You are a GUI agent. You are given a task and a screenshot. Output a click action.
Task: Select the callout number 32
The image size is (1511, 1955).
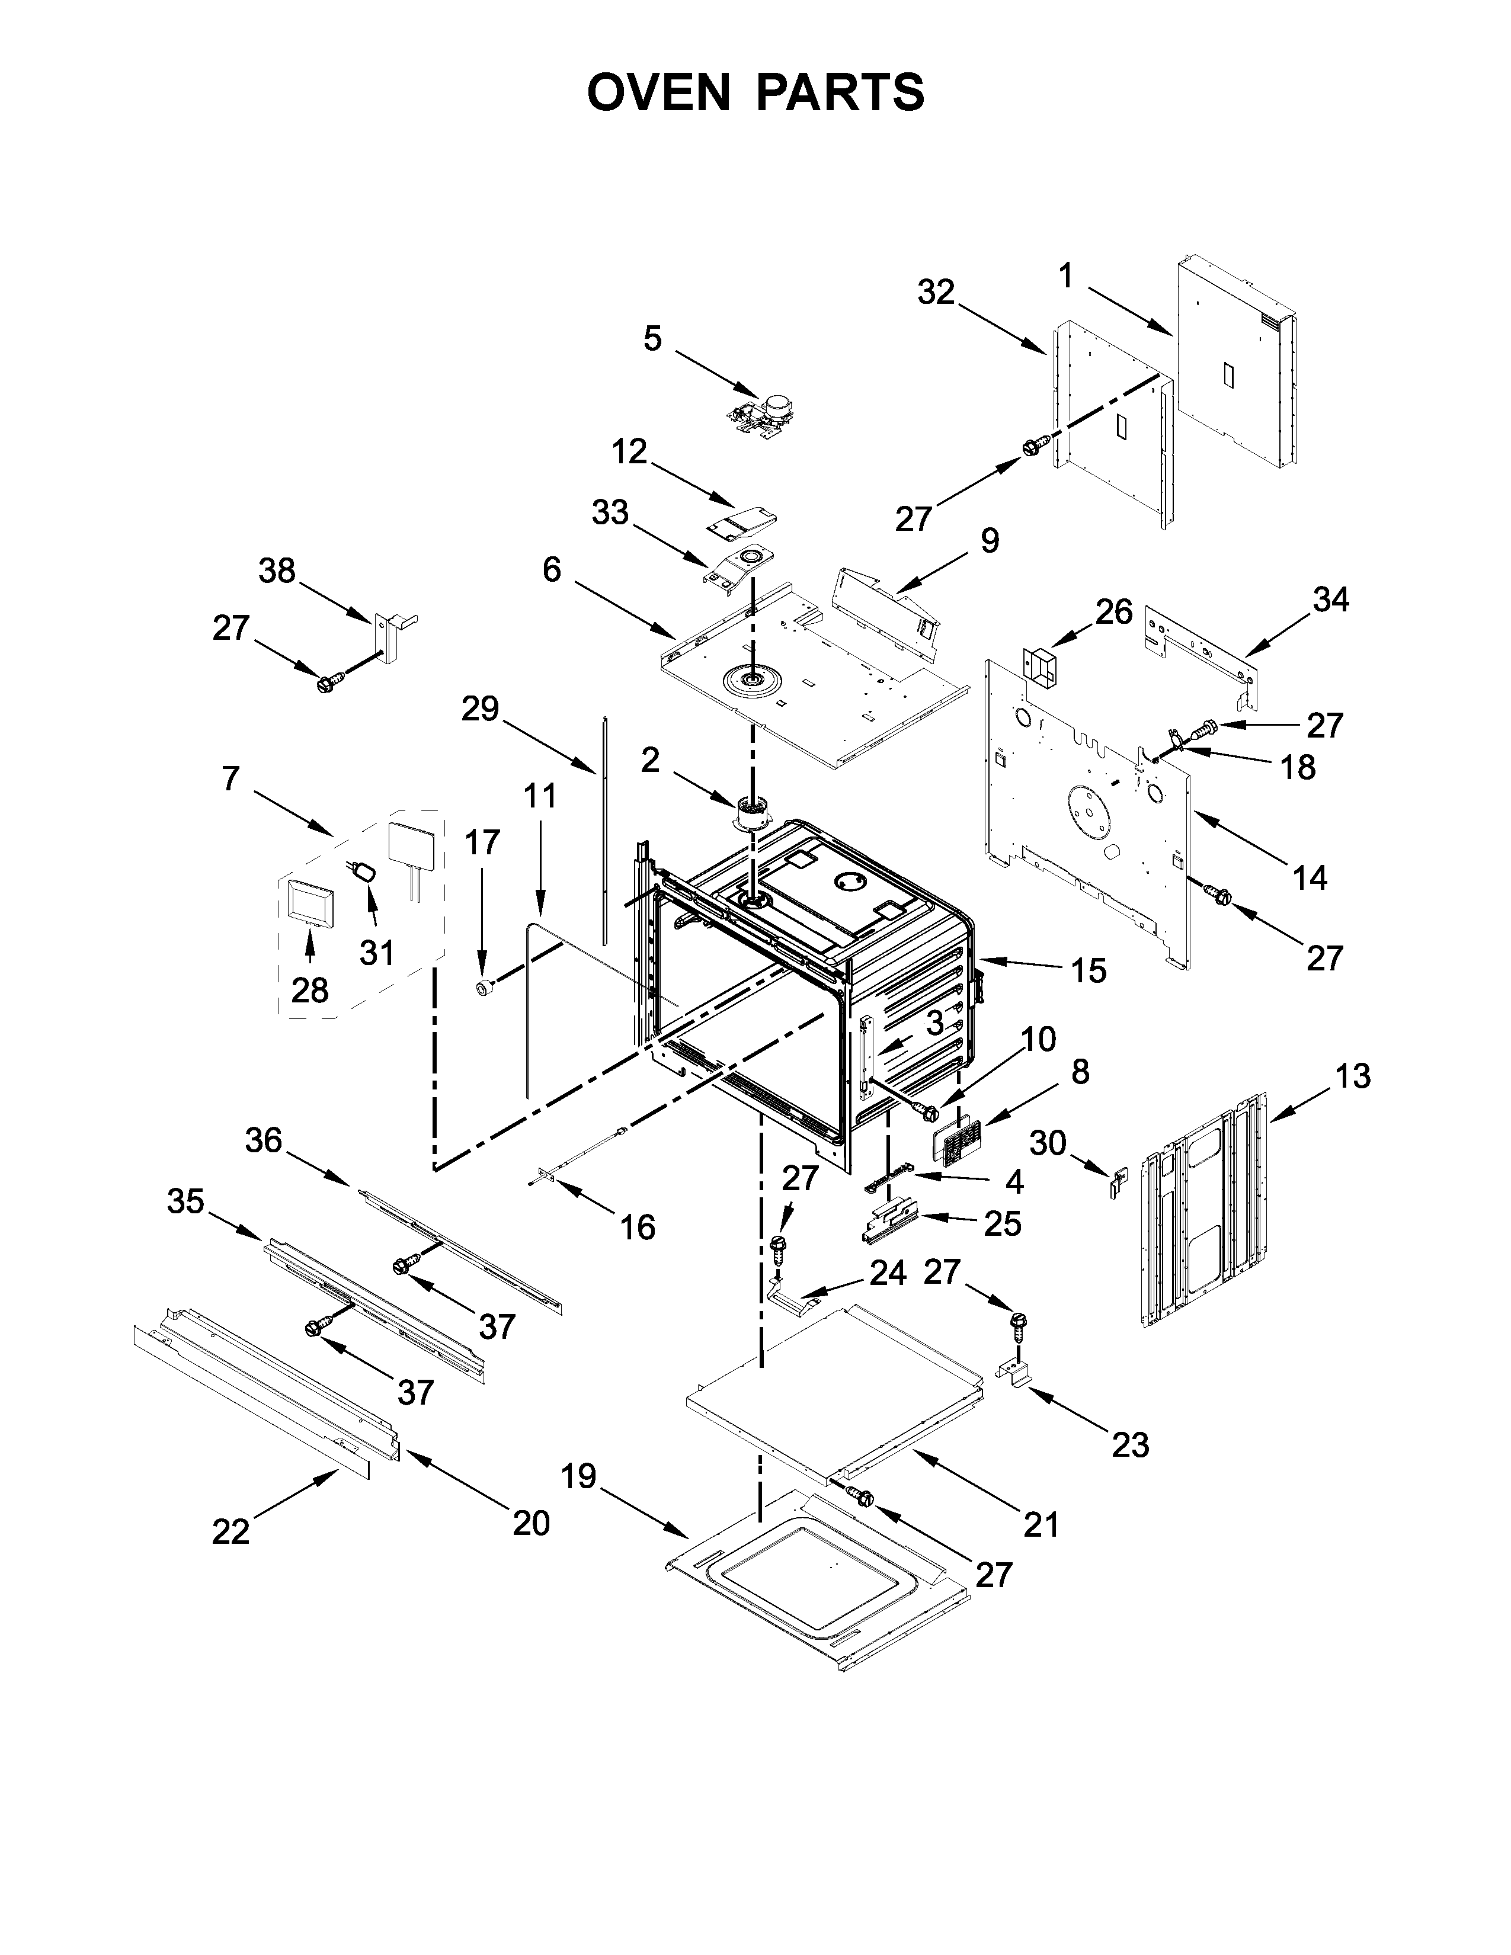pos(936,292)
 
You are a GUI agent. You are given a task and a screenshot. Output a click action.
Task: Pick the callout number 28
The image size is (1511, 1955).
pos(310,990)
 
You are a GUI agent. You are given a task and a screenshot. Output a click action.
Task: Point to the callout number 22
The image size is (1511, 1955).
pos(231,1531)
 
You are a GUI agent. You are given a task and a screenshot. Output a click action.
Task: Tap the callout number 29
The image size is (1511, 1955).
pos(480,709)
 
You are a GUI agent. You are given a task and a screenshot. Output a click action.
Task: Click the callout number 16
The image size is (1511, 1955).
pos(638,1228)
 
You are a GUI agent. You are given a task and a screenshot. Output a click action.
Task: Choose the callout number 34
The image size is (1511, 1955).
pos(1331,600)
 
